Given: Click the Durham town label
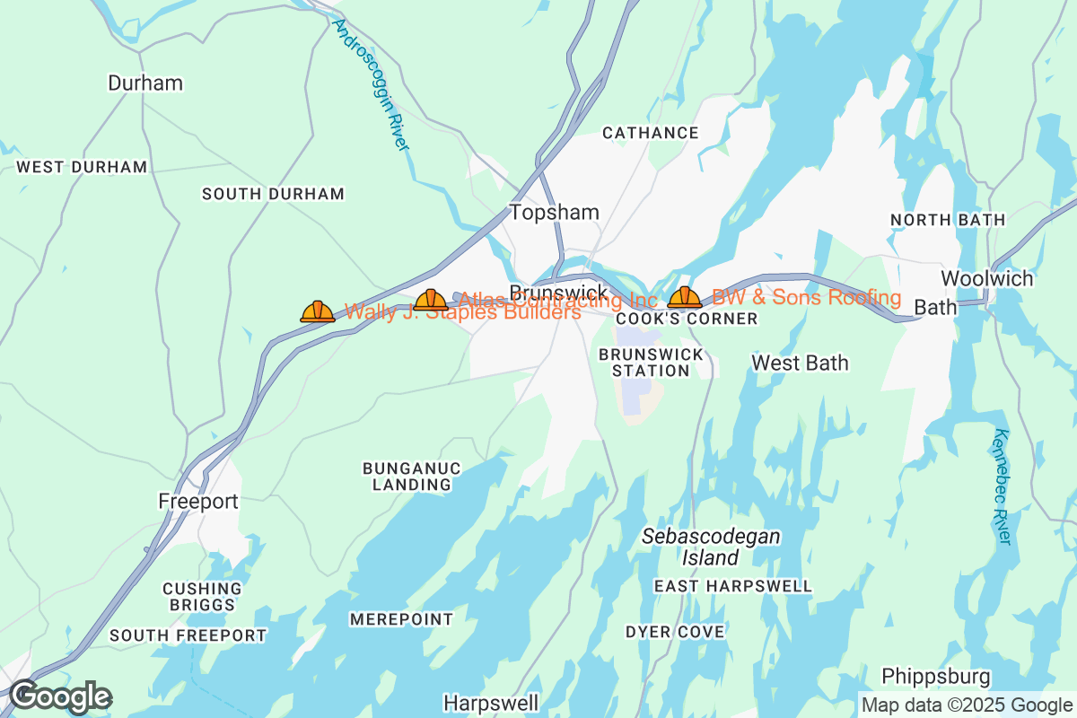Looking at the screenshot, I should point(144,83).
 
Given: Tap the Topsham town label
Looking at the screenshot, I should point(554,212).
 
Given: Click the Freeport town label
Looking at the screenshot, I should point(198,502).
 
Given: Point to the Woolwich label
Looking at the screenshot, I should point(987,278).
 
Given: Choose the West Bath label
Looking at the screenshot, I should point(800,363).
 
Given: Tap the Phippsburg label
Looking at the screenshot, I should point(936,676).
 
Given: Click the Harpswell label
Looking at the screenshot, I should point(491,702).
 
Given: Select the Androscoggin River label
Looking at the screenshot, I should point(371,85).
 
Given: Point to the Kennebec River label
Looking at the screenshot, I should point(1003,486).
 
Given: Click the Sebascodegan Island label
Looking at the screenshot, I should point(709,547).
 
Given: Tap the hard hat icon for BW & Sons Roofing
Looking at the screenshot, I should point(685,297).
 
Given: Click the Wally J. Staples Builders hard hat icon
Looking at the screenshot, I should point(318,311).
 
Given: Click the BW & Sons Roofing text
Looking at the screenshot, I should point(806,297).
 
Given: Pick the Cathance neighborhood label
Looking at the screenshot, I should point(651,133).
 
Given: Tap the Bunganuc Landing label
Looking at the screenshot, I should point(412,477).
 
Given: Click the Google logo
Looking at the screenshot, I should point(60,696).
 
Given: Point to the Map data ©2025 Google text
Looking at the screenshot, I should point(966,705).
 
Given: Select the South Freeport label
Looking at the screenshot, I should point(188,635).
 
